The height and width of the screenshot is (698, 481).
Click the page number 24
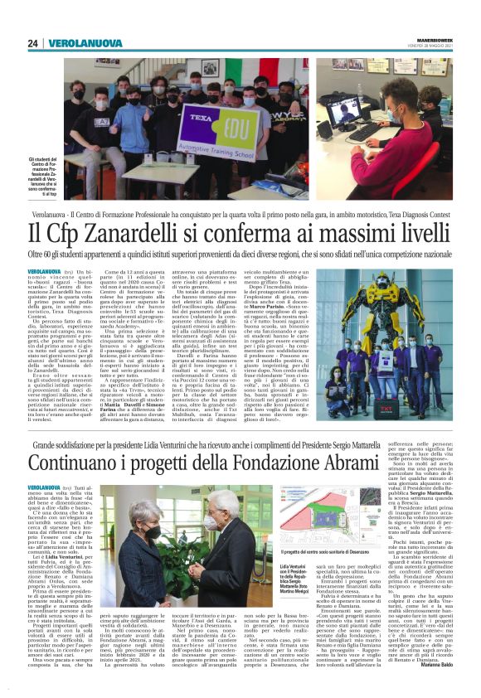pyautogui.click(x=32, y=43)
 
